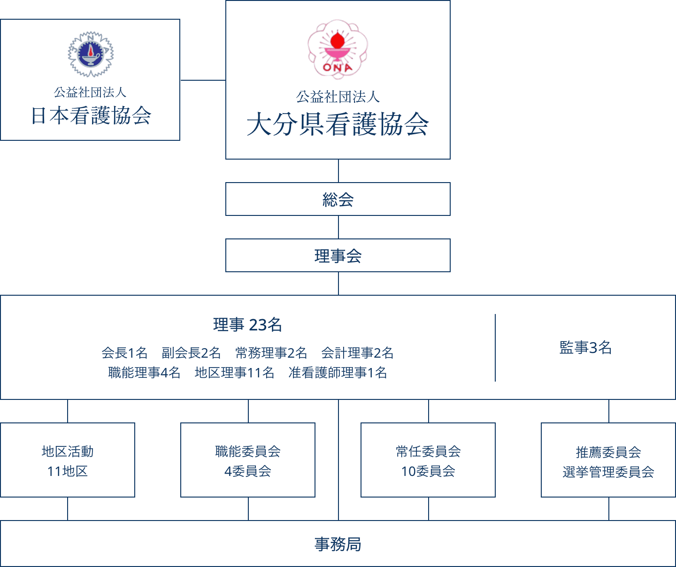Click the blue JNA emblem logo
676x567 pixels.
91,54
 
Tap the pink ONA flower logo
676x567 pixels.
338,49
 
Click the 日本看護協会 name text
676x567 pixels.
91,116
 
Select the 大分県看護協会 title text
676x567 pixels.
338,125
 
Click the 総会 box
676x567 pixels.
338,199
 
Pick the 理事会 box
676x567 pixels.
338,256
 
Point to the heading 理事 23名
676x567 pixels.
247,324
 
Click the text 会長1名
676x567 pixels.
124,352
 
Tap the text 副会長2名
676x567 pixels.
191,352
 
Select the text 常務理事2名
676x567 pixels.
271,352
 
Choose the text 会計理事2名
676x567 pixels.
357,352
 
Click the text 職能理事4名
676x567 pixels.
144,373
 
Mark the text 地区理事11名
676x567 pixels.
234,373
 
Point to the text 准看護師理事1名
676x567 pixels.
338,373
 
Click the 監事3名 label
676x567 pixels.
585,347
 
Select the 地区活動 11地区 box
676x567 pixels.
68,460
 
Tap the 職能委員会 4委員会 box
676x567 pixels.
248,460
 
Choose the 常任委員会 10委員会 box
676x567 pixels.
428,460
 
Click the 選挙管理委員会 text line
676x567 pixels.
608,472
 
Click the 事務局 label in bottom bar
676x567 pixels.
338,544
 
